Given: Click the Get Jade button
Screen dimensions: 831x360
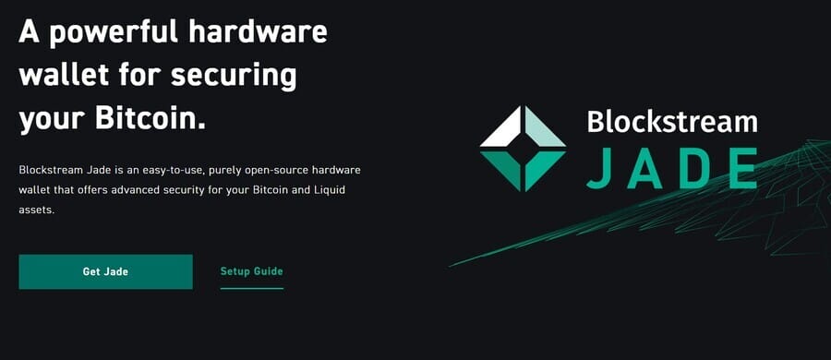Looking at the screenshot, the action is coord(105,271).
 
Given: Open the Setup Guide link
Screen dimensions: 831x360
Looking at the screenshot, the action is coord(251,271).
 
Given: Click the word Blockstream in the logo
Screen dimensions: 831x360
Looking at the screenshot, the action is coord(672,122).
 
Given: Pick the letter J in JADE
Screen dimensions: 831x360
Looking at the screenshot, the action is coord(599,167).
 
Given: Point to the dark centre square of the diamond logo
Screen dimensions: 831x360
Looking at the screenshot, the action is coord(523,149).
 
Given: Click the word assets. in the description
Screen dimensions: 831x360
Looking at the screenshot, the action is coord(36,210).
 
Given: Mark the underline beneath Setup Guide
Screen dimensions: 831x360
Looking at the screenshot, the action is coord(251,288).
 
